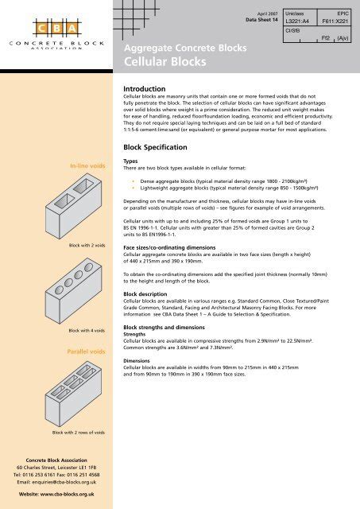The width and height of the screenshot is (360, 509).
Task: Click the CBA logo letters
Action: point(56,29)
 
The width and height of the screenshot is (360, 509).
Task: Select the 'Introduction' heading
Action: point(145,88)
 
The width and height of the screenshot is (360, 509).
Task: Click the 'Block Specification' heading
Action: point(155,147)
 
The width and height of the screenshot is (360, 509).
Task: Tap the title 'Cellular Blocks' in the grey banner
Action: point(165,62)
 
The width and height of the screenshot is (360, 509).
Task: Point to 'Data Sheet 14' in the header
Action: point(261,20)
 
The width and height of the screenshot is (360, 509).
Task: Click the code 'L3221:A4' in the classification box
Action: point(297,21)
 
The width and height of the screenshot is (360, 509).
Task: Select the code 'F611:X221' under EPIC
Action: point(335,21)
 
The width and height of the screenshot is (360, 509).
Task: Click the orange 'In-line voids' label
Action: point(87,166)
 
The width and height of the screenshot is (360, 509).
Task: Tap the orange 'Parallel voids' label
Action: point(87,352)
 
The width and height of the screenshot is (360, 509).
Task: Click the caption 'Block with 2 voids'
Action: point(87,246)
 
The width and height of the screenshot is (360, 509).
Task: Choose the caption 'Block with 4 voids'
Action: point(87,331)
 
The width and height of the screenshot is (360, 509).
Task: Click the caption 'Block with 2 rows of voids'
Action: point(79,433)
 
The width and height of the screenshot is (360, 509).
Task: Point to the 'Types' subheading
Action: point(130,161)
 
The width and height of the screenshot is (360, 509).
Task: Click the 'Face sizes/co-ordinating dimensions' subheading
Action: point(169,247)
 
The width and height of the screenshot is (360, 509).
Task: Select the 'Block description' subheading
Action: point(145,294)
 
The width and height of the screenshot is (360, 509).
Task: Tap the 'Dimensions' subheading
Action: point(137,360)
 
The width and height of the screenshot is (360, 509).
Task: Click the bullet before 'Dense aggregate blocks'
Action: point(133,181)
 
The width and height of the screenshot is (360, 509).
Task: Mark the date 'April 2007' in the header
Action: point(268,14)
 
